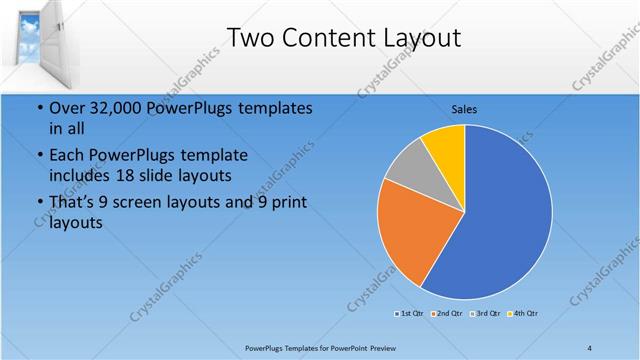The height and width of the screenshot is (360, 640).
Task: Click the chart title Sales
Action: (x=464, y=108)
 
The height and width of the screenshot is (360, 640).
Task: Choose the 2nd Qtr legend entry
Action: (x=446, y=314)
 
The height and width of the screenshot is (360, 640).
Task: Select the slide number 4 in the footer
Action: (x=590, y=347)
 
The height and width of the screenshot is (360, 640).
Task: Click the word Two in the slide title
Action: (x=249, y=38)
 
